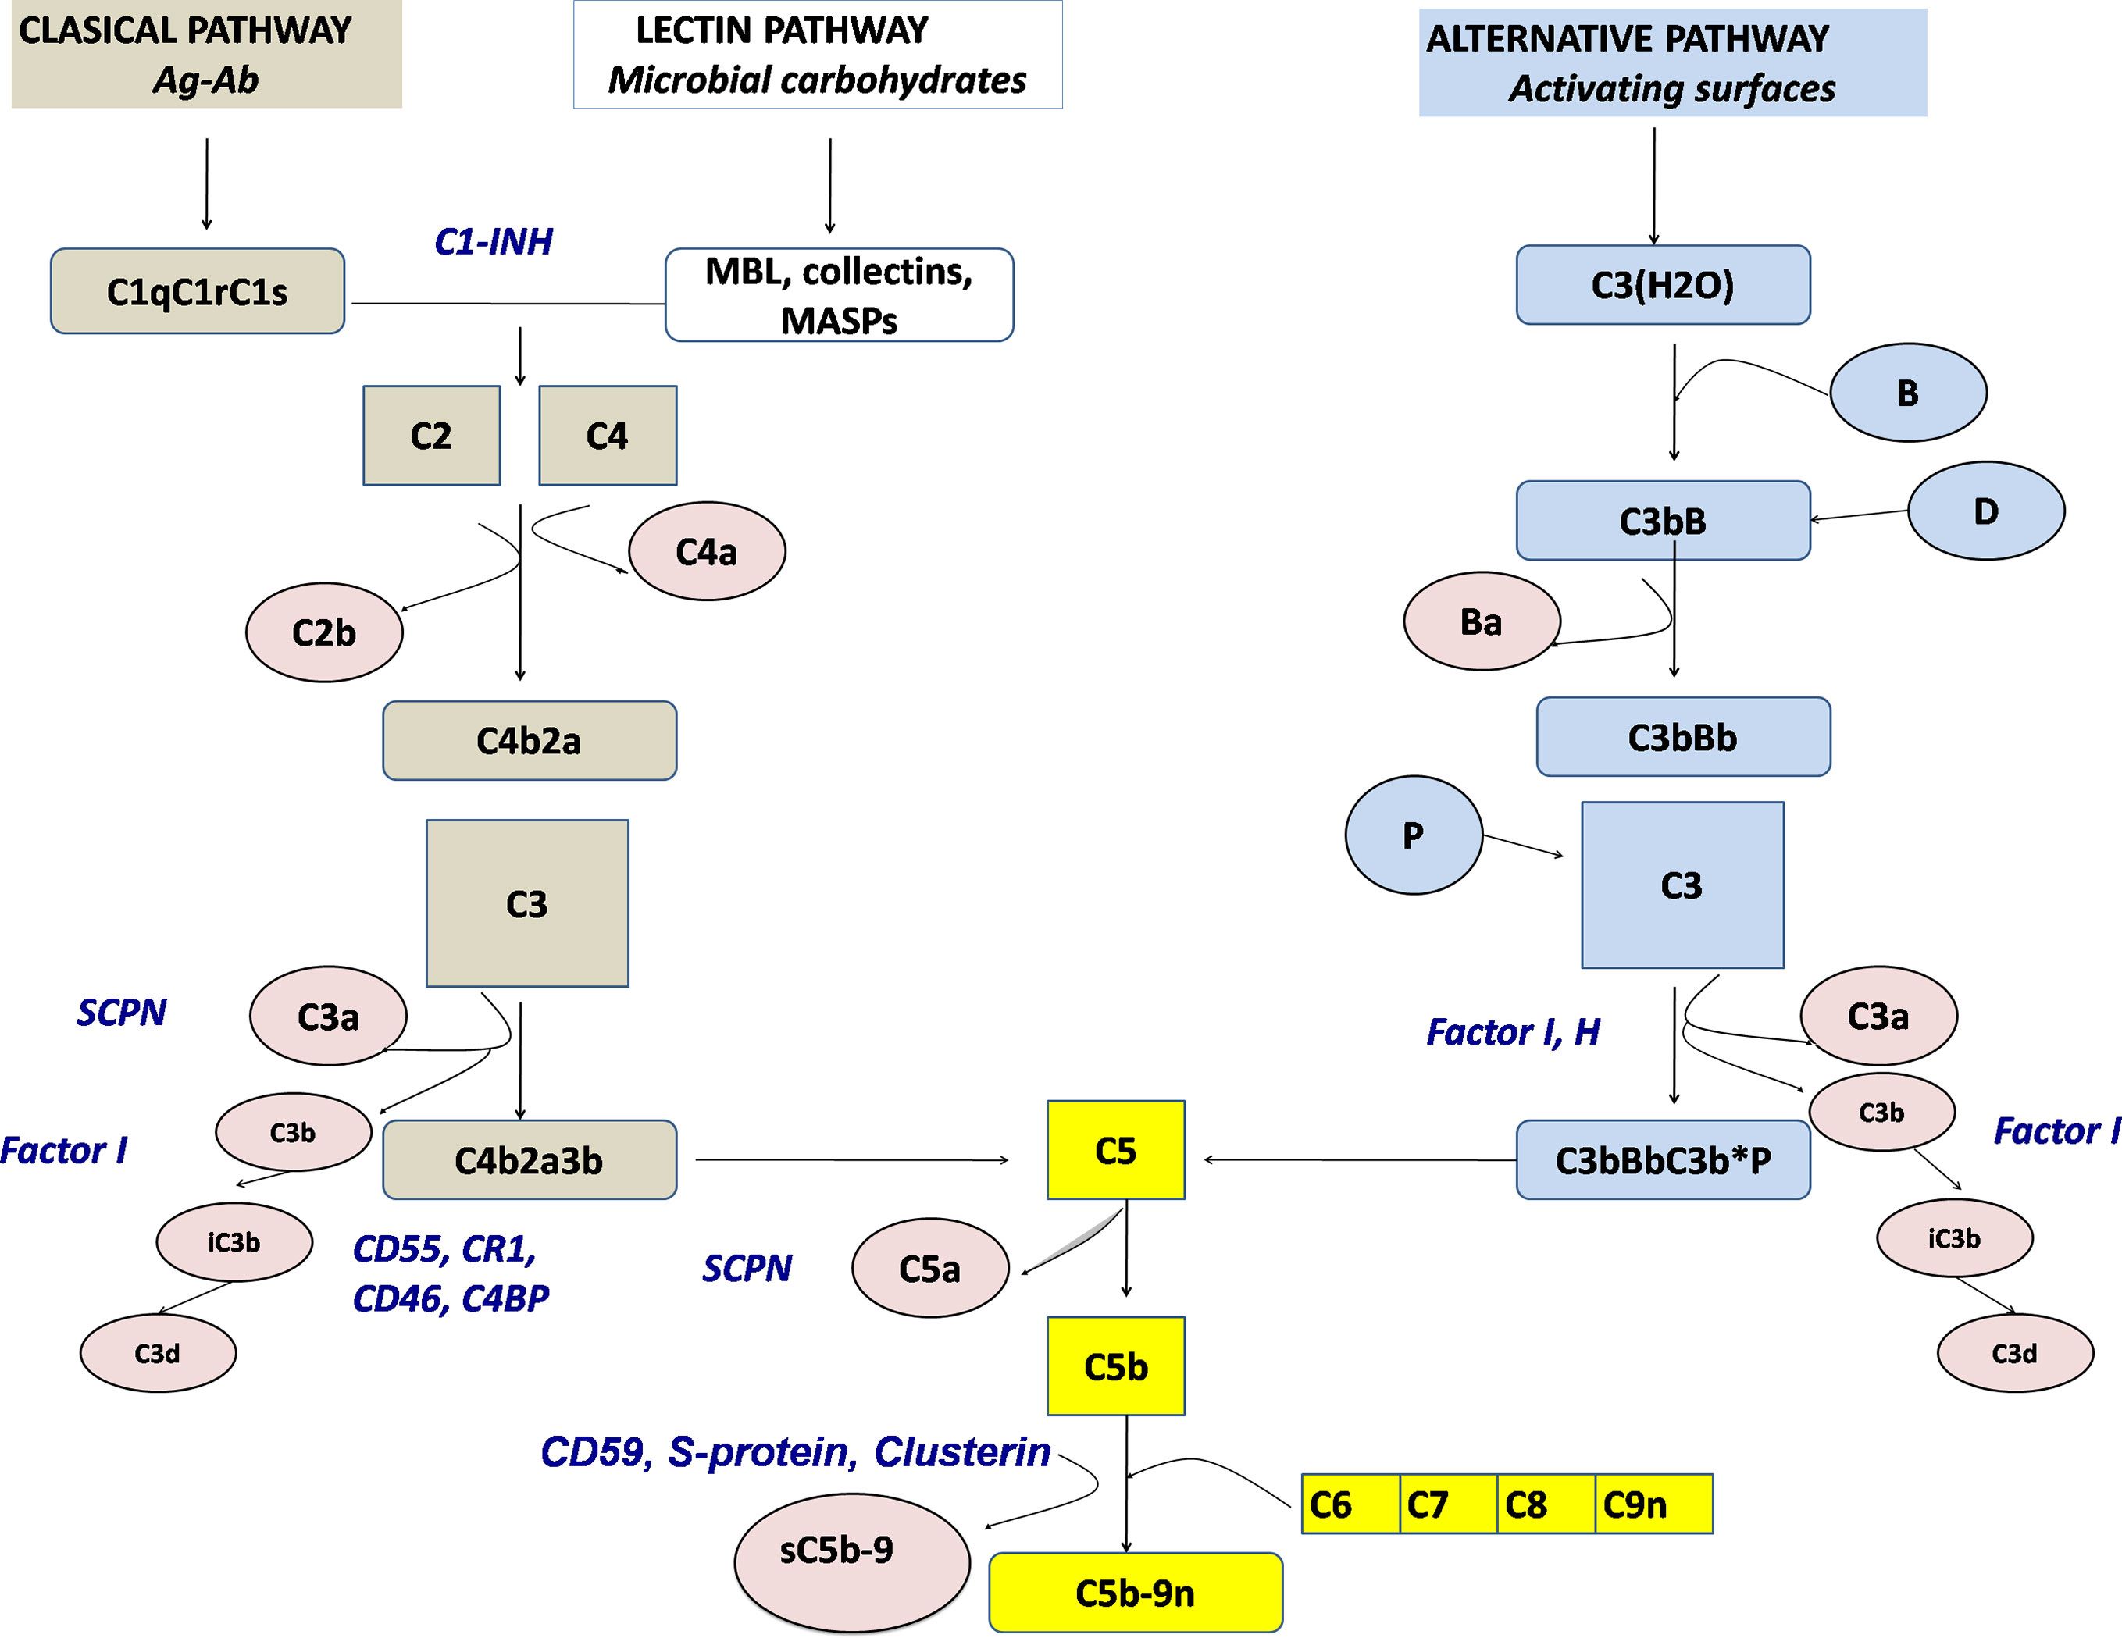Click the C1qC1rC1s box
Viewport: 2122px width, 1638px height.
click(198, 291)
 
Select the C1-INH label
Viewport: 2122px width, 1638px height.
click(494, 242)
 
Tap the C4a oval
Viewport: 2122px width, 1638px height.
click(706, 552)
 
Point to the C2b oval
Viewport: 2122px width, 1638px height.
click(323, 632)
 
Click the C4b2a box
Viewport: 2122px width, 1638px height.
click(530, 740)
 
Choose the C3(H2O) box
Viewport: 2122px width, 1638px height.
click(1663, 285)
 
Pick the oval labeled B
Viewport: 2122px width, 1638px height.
click(1907, 393)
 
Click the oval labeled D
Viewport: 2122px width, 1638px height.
click(1985, 511)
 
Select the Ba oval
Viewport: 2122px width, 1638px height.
click(1481, 621)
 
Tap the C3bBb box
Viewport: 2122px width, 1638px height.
click(1683, 737)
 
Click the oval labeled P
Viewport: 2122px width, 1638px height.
click(1413, 835)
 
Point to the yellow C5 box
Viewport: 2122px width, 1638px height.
click(1115, 1150)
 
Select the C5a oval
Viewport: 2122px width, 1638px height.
click(930, 1269)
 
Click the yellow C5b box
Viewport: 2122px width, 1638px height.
click(1115, 1366)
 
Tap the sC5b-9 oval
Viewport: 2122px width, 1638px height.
click(851, 1550)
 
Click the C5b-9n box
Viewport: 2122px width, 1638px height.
click(1135, 1593)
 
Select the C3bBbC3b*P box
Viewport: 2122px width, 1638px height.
click(1663, 1160)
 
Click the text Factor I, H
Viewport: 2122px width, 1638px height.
click(1513, 1032)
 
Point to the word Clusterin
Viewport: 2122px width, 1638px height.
click(962, 1452)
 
